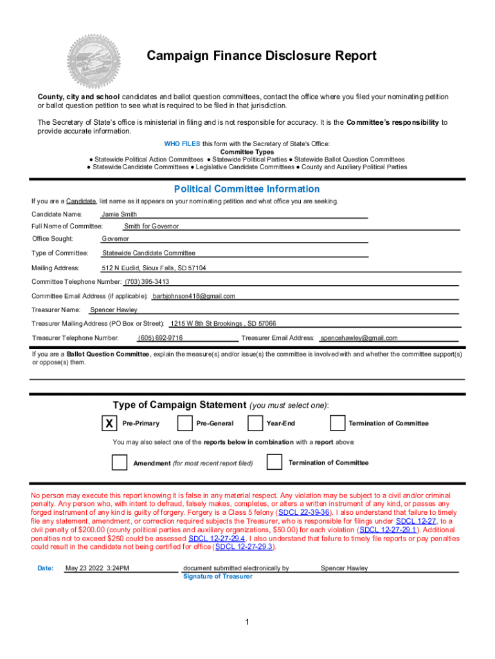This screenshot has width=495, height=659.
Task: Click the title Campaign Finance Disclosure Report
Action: pyautogui.click(x=261, y=56)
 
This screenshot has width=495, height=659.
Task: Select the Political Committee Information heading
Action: pyautogui.click(x=247, y=189)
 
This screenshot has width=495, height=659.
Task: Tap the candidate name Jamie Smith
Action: pyautogui.click(x=119, y=214)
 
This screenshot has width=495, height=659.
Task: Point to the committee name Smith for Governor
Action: pyautogui.click(x=151, y=227)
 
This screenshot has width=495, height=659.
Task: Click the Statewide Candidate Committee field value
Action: pyautogui.click(x=148, y=253)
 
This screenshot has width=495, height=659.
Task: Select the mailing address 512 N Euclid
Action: pyautogui.click(x=154, y=268)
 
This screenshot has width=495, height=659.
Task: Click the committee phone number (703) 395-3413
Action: pyautogui.click(x=147, y=282)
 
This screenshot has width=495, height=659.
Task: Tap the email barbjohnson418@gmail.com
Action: pyautogui.click(x=194, y=296)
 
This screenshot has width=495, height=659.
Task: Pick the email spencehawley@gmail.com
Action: pyautogui.click(x=359, y=338)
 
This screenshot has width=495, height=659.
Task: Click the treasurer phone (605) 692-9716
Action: pyautogui.click(x=160, y=338)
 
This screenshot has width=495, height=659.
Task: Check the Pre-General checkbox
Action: pyautogui.click(x=184, y=423)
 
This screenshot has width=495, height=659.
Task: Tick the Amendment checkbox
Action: pyautogui.click(x=120, y=463)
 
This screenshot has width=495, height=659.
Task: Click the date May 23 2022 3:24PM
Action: pyautogui.click(x=98, y=569)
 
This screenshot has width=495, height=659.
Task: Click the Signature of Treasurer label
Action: pyautogui.click(x=217, y=577)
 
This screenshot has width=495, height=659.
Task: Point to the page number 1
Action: pyautogui.click(x=247, y=622)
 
